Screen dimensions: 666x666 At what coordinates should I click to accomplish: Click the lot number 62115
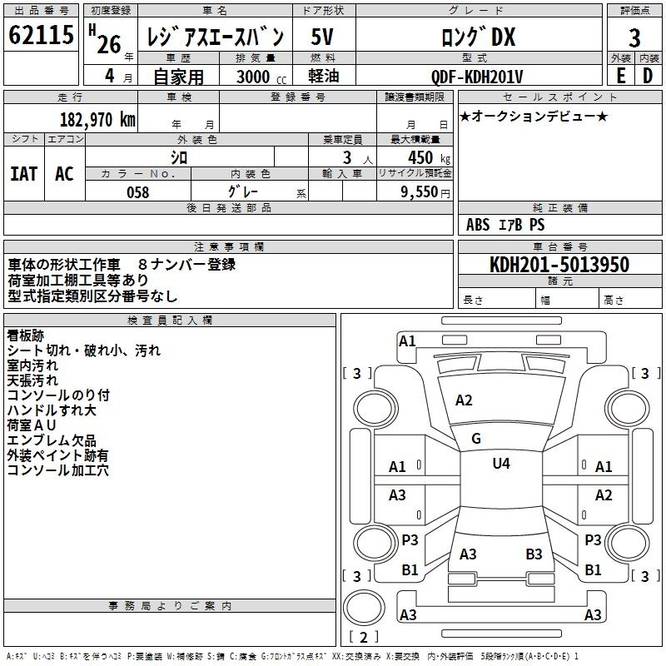click(x=41, y=35)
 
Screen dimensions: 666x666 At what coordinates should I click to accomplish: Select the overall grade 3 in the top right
click(x=634, y=37)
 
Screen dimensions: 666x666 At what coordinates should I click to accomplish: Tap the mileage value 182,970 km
click(x=97, y=119)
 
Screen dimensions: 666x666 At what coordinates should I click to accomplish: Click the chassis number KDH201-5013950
click(x=559, y=264)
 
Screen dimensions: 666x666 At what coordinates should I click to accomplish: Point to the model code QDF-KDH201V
click(x=476, y=77)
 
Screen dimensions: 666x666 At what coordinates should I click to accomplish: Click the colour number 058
click(x=138, y=192)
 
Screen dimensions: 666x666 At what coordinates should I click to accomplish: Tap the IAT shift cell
click(x=24, y=174)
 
